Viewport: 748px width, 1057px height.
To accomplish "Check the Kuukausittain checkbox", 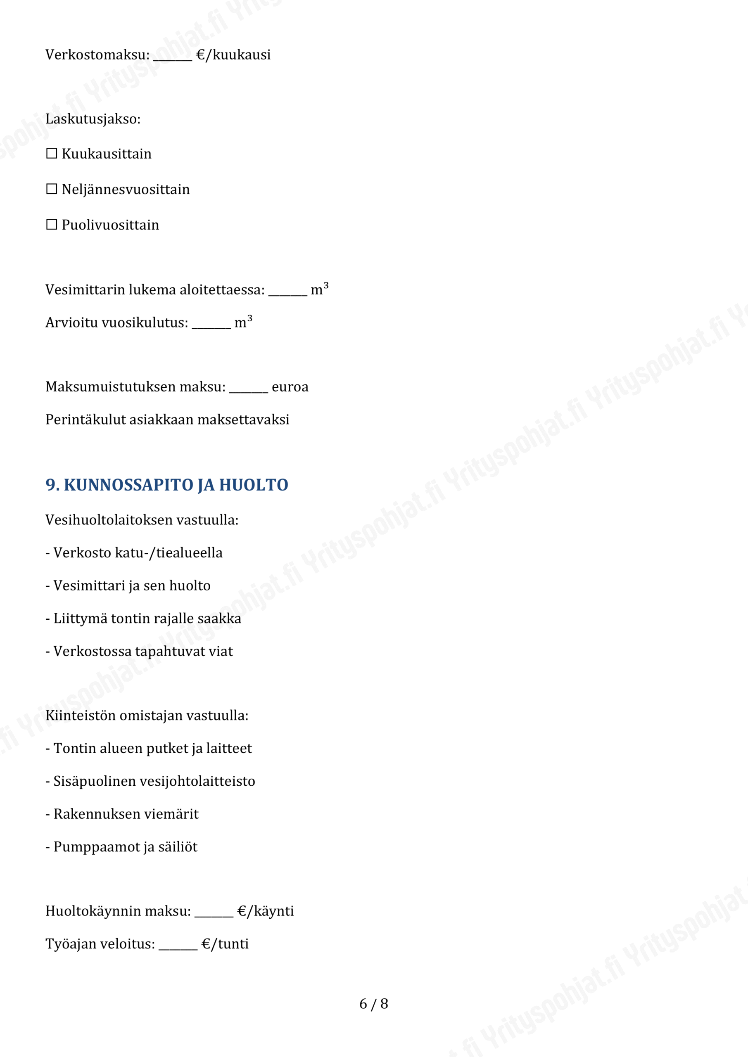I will (52, 153).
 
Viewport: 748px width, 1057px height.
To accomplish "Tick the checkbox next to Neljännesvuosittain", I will (52, 189).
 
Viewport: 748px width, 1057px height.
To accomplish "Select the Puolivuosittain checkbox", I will (52, 224).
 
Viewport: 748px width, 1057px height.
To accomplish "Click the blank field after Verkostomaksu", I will (172, 56).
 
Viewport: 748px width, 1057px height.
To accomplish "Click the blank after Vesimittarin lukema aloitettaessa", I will (287, 291).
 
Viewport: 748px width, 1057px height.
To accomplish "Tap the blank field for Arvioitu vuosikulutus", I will (211, 324).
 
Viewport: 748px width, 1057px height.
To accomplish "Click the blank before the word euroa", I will (248, 388).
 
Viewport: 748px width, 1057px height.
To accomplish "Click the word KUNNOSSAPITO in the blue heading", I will (128, 485).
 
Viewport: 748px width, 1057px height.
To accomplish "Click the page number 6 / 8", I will (373, 1004).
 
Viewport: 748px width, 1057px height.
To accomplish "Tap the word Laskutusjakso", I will (92, 119).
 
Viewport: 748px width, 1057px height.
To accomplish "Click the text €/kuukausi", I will (233, 55).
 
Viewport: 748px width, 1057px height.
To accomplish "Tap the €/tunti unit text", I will (225, 944).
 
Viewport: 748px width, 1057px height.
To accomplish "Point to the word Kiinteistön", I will (80, 716).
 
